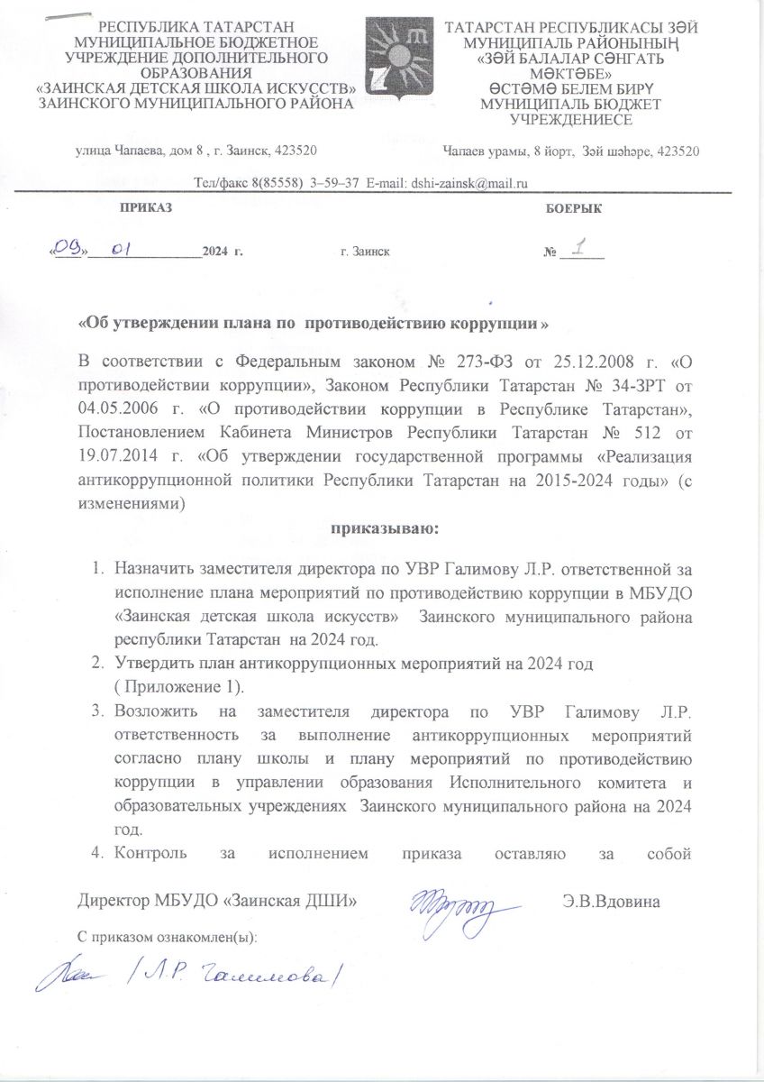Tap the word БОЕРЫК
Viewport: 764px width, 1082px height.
pyautogui.click(x=574, y=208)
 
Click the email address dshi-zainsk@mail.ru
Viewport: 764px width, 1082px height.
pyautogui.click(x=468, y=183)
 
